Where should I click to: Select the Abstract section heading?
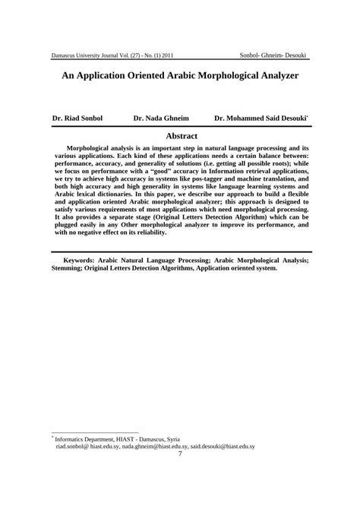(x=180, y=134)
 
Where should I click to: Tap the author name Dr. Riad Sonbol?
(x=77, y=119)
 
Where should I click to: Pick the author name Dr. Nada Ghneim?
(x=160, y=119)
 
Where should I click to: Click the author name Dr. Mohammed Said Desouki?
(x=261, y=119)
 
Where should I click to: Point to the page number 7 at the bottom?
(x=180, y=476)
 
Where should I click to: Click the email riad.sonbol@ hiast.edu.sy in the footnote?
(x=93, y=468)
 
